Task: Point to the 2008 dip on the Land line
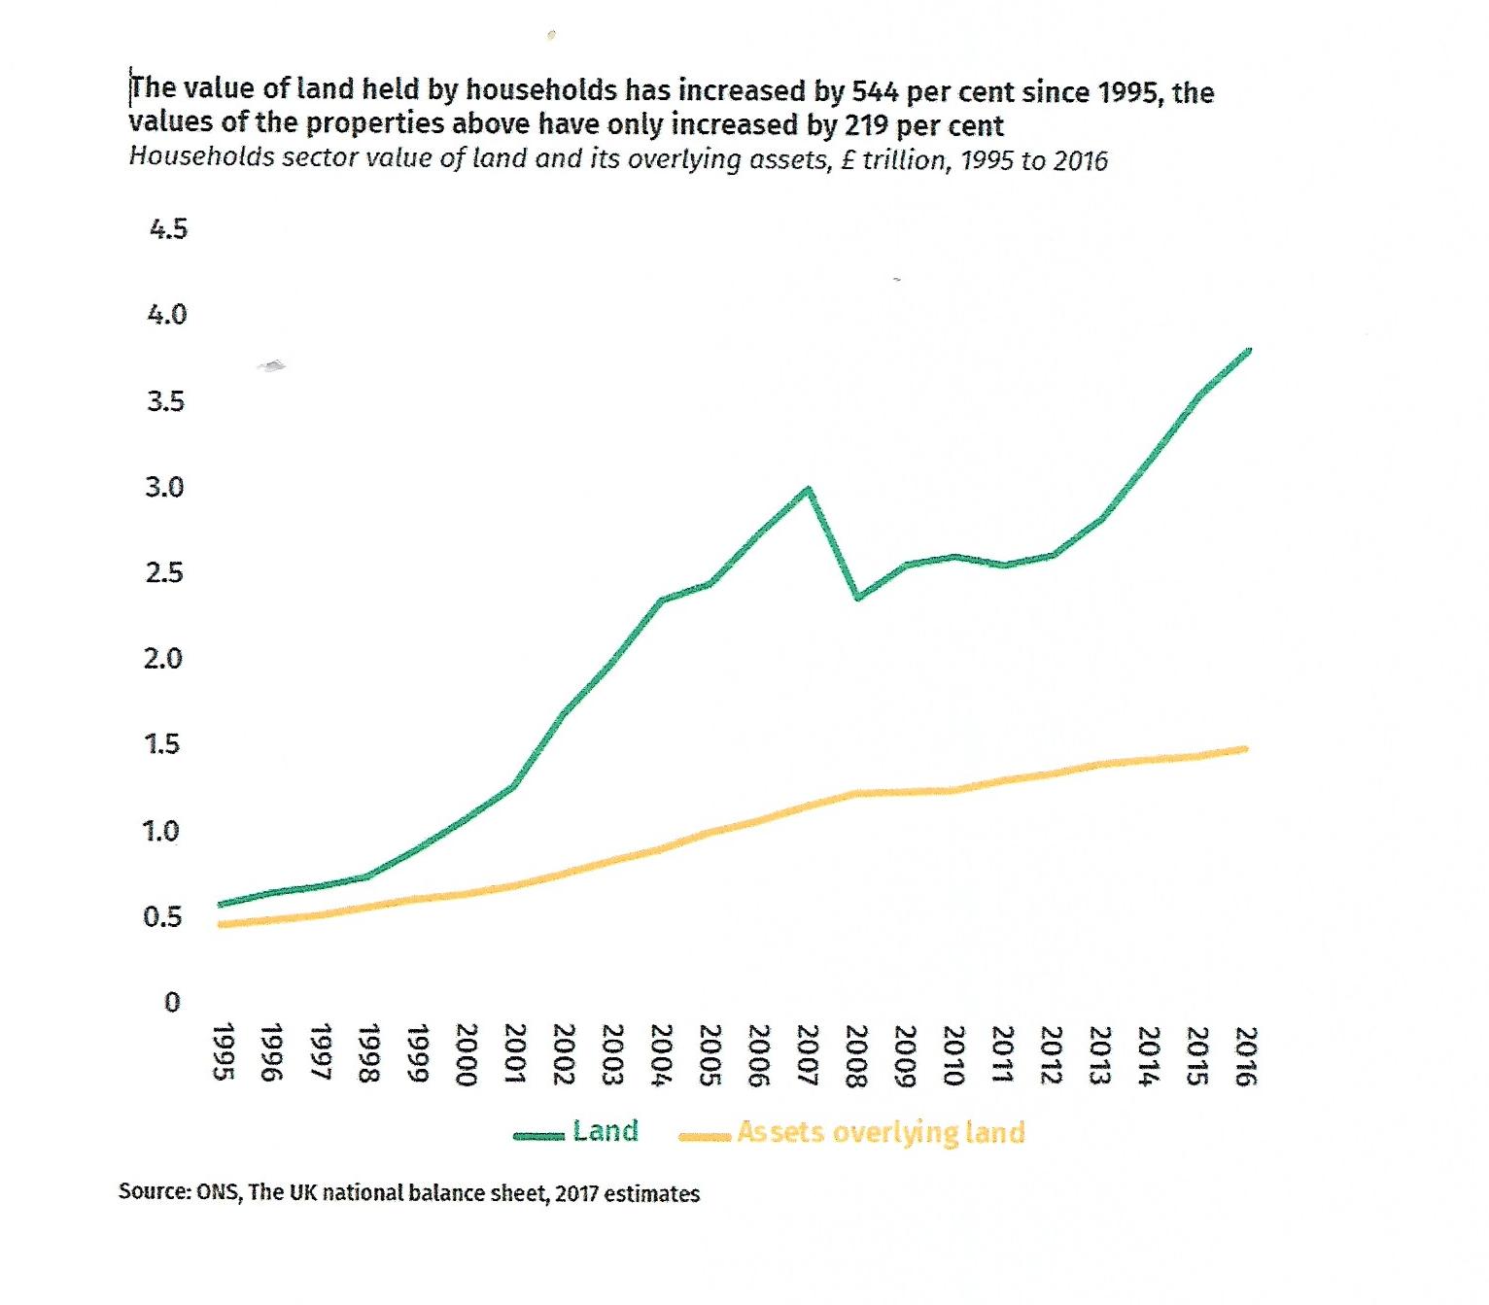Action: pos(857,597)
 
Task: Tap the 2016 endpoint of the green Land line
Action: pos(1248,350)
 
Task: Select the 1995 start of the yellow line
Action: pos(222,924)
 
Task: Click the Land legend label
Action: pos(605,1131)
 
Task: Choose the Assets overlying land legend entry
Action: pos(880,1132)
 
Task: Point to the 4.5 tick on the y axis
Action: pos(167,229)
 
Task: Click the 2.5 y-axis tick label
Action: pos(164,572)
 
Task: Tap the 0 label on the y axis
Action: pos(172,1002)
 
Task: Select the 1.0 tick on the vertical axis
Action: pos(161,832)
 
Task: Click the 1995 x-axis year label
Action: pos(223,1051)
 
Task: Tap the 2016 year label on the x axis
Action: pos(1246,1056)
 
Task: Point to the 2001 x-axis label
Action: pos(515,1054)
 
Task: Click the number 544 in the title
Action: pos(875,92)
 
